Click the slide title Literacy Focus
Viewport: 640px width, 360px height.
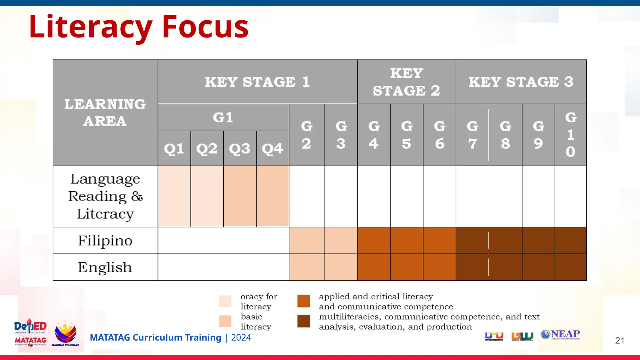point(138,27)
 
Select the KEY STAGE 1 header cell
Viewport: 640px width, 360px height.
point(257,82)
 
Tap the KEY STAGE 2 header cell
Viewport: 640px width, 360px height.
point(406,82)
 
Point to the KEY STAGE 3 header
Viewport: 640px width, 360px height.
point(521,82)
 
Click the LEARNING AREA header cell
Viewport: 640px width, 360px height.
point(105,112)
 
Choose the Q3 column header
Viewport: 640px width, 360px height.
point(240,148)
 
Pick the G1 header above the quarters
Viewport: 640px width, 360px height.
point(223,117)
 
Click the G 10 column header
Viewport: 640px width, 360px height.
point(571,135)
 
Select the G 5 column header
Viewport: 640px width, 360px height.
point(407,135)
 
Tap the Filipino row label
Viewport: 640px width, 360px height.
point(105,241)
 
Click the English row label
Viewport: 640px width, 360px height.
point(105,267)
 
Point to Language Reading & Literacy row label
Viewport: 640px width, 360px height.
point(105,196)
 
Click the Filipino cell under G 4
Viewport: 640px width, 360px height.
point(374,241)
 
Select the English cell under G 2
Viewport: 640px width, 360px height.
point(307,267)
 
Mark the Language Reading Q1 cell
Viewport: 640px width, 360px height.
point(174,196)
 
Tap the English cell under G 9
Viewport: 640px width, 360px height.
point(538,267)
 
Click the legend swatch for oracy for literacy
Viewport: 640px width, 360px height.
point(225,301)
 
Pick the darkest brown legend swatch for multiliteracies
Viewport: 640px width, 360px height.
point(303,321)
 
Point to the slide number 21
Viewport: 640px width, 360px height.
point(619,341)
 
